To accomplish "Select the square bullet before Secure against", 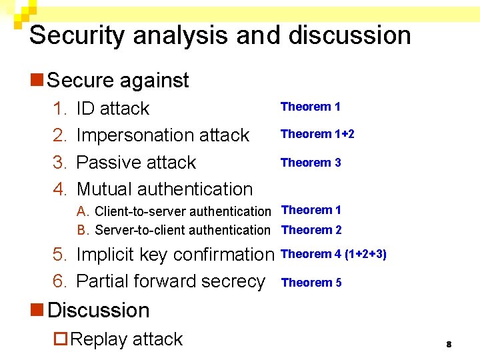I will tap(37, 81).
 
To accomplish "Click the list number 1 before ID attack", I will tap(59, 109).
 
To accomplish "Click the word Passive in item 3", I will tap(107, 163).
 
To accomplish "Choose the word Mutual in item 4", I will tap(106, 189).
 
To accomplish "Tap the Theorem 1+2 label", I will tap(317, 134).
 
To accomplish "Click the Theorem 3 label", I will tap(311, 163).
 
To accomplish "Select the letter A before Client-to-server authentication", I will tap(83, 212).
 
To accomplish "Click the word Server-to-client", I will tap(138, 231).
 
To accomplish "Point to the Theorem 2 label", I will tap(311, 230).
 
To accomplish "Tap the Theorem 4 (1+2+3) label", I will tap(334, 254).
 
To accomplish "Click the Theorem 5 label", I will tap(311, 283).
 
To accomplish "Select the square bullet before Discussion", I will tap(37, 311).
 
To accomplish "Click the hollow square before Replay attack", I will tap(61, 340).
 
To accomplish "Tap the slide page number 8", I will tap(449, 344).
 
